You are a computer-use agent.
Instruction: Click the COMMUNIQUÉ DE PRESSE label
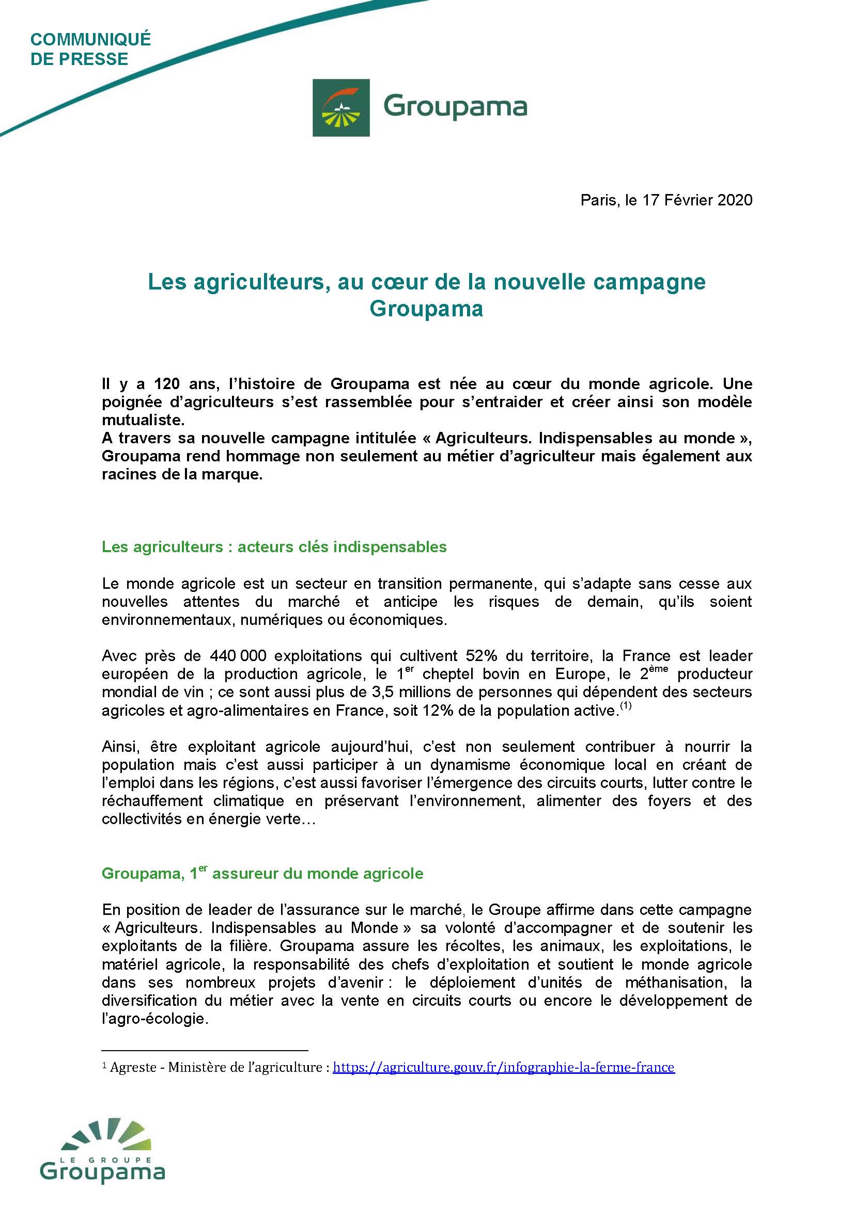[90, 49]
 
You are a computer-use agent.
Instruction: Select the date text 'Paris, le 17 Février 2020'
[666, 200]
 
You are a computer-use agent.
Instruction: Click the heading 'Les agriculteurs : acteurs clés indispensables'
[274, 546]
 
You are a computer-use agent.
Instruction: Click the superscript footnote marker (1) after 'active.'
[625, 706]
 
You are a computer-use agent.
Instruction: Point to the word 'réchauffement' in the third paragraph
[152, 801]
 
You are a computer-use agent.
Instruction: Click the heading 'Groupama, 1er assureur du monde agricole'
[262, 874]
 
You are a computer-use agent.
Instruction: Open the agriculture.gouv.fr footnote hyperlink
[504, 1067]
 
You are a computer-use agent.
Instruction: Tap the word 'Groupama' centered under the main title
[426, 309]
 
